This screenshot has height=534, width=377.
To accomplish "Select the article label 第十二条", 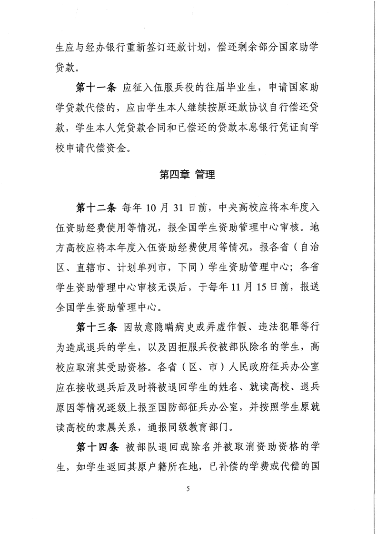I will click(96, 208).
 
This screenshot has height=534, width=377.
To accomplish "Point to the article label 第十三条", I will click(96, 327).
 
